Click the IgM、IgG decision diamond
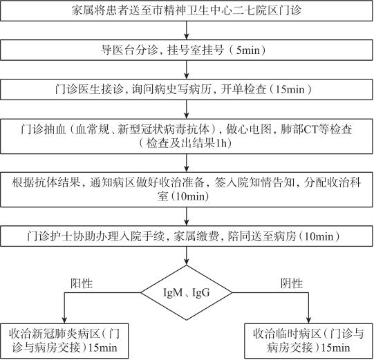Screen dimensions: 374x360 186,292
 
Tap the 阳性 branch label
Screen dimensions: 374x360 82,283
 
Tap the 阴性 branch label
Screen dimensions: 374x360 291,283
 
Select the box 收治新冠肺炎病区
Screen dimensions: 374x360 64,341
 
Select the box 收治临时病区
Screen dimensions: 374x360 308,341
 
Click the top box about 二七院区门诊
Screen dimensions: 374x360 186,11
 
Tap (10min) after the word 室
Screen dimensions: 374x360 189,196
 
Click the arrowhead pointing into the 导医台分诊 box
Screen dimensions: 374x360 187,36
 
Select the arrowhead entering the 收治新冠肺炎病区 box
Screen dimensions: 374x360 64,320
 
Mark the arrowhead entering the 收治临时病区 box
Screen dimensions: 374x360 308,320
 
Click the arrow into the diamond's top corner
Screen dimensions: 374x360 187,256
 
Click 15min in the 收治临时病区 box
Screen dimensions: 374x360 336,348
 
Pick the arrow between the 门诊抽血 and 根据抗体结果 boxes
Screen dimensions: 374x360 187,163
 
